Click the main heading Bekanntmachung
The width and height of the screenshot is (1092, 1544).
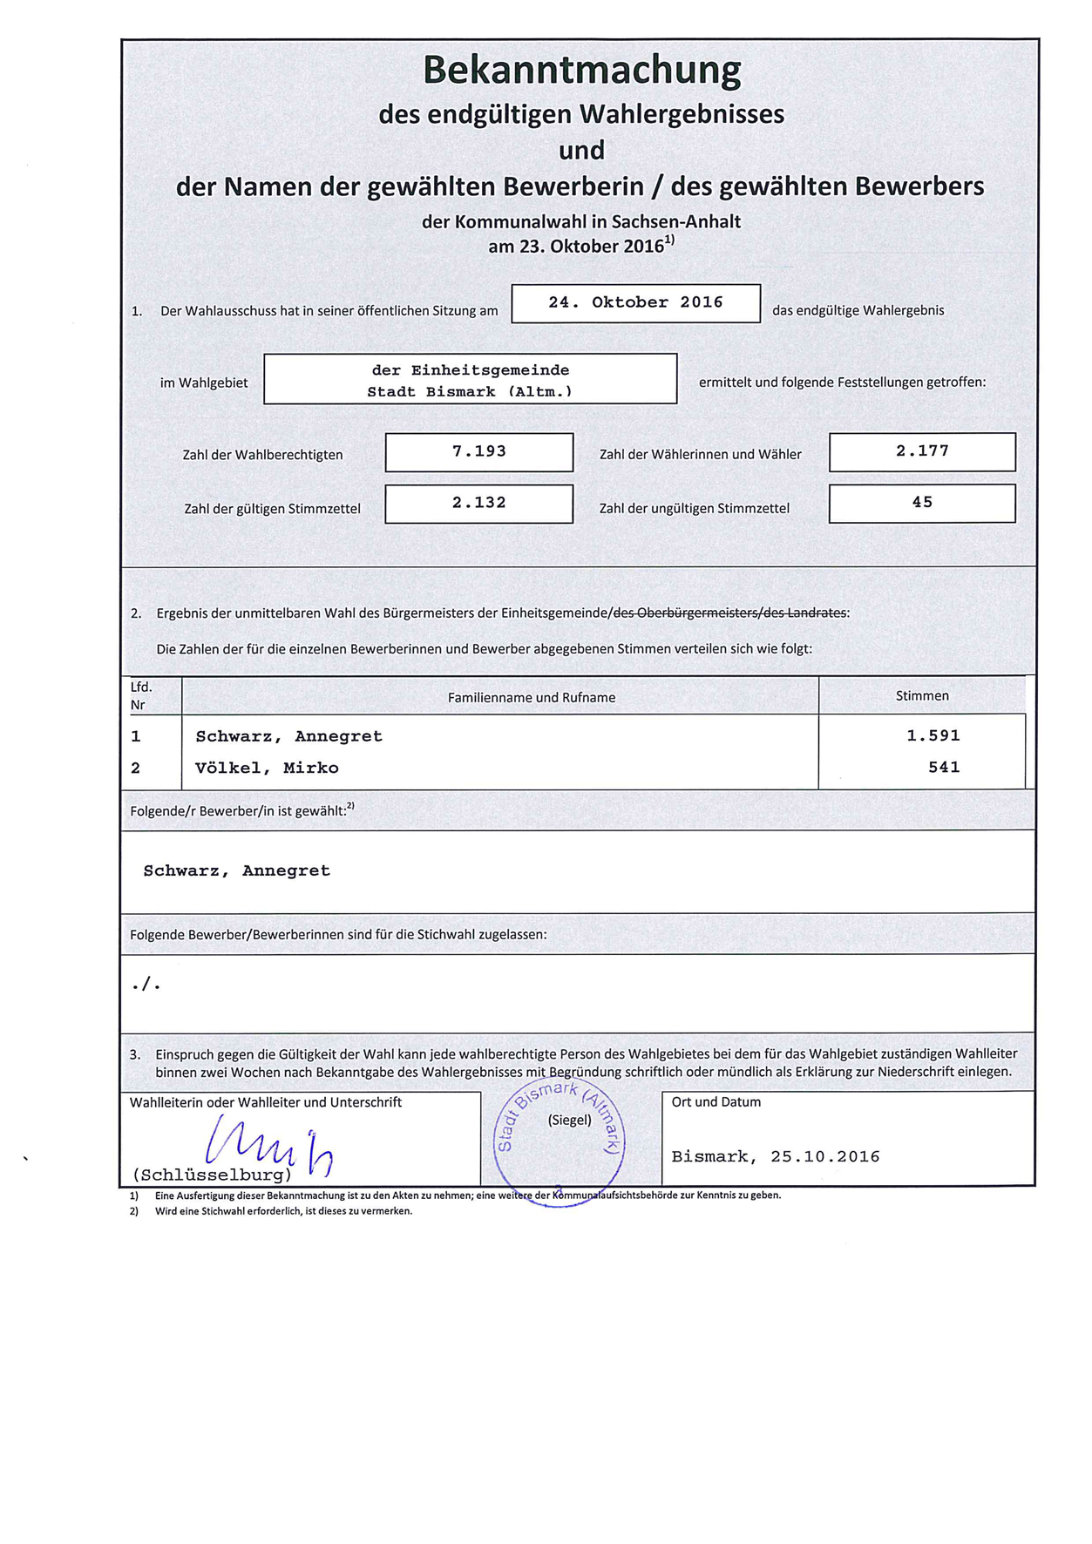pos(581,70)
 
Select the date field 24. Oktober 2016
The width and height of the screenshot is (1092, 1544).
pos(635,302)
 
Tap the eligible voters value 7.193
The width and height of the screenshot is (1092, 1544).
pos(478,451)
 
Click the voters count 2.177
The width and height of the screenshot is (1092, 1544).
pos(922,451)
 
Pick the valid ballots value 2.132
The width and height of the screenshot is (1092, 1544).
pos(478,503)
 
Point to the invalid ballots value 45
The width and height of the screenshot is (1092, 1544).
pos(922,502)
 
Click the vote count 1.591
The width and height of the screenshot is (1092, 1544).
pos(933,735)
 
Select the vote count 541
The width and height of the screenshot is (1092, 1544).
pos(944,767)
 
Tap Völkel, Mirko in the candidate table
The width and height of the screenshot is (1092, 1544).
pos(267,768)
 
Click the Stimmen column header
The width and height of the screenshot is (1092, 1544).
pos(922,695)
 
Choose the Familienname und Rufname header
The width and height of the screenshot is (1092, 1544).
pos(532,697)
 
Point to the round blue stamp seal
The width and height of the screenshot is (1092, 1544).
pos(559,1141)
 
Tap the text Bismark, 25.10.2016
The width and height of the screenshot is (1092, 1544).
pos(776,1156)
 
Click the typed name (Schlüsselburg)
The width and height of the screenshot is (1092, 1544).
pos(212,1175)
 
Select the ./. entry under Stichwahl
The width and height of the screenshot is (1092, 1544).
pos(146,985)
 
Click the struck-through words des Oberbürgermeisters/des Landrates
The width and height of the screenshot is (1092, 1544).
pos(729,613)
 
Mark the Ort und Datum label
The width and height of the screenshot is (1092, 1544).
pos(716,1102)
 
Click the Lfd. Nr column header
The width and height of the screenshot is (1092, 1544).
pos(140,695)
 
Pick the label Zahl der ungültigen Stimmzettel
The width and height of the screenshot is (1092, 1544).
pos(694,508)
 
